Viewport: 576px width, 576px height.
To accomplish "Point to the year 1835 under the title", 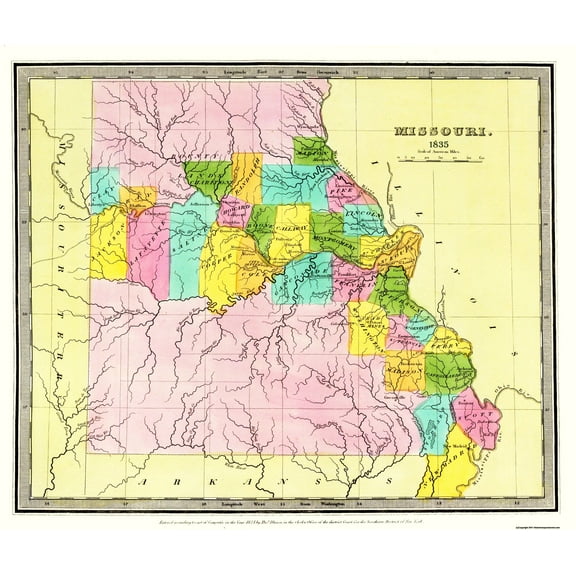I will pos(436,146).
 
